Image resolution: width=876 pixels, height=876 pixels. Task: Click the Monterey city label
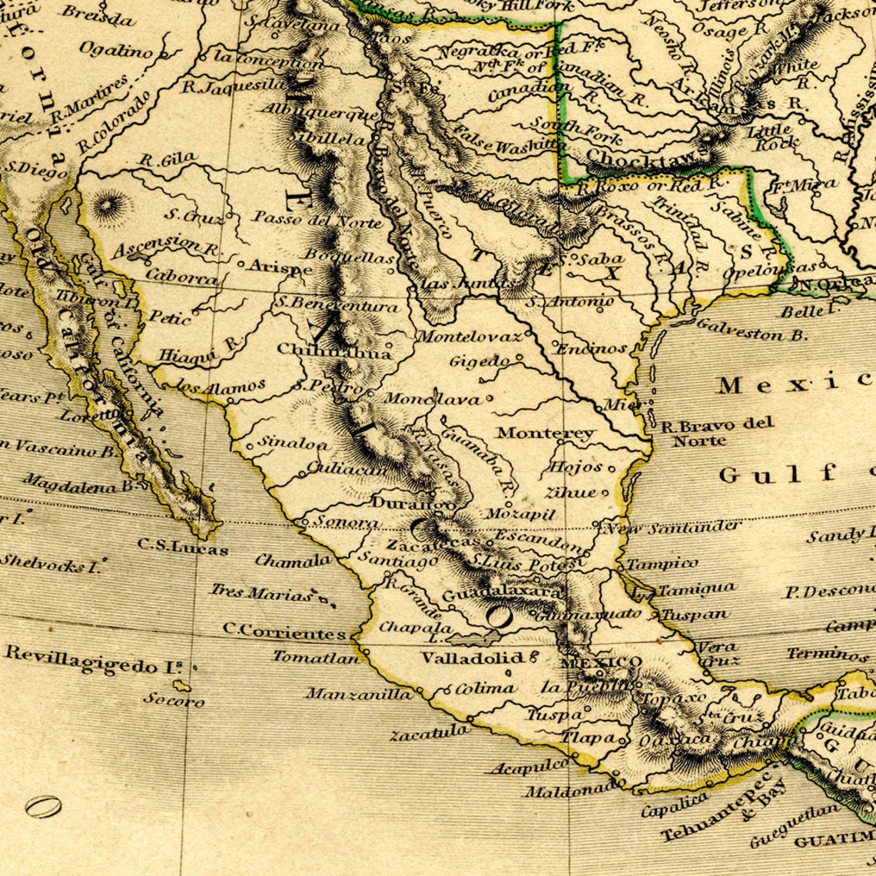click(x=545, y=433)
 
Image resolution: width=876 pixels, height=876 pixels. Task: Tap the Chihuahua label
click(x=333, y=351)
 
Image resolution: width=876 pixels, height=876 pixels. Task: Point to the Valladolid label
click(x=472, y=658)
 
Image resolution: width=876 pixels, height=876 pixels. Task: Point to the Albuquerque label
click(x=320, y=112)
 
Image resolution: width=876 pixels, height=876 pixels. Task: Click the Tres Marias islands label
click(x=262, y=592)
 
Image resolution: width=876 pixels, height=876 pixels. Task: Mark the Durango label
click(x=401, y=503)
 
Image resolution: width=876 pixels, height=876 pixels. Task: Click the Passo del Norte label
click(x=317, y=221)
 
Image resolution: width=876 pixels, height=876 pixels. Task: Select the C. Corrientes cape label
click(x=284, y=631)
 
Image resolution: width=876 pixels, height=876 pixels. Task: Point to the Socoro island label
click(x=174, y=700)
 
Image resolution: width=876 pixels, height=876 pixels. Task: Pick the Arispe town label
click(x=280, y=269)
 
